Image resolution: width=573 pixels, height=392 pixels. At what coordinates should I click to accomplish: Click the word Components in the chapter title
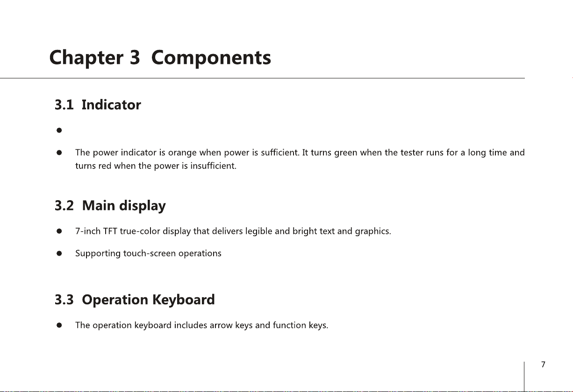coord(211,58)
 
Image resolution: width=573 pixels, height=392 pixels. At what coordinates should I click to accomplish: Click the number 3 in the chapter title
coord(135,57)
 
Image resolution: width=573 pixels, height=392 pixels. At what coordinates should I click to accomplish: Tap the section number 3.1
coord(64,105)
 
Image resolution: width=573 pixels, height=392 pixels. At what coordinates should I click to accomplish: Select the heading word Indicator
coord(111,105)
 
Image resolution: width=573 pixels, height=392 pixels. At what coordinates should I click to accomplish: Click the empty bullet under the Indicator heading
coord(59,131)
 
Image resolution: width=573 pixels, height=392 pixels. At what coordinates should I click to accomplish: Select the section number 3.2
coord(64,206)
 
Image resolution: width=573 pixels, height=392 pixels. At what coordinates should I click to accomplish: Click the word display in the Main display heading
coord(143,206)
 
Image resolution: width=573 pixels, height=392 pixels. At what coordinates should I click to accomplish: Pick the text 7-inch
coord(88,231)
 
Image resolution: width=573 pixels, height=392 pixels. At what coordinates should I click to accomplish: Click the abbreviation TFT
coord(110,231)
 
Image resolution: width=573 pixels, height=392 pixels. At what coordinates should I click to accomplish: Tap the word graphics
coord(373,231)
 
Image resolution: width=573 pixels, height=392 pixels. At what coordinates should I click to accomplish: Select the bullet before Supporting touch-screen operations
coord(59,253)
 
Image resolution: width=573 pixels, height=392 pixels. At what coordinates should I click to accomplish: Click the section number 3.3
coord(64,300)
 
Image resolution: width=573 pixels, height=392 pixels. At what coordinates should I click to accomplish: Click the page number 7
coord(543,364)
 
